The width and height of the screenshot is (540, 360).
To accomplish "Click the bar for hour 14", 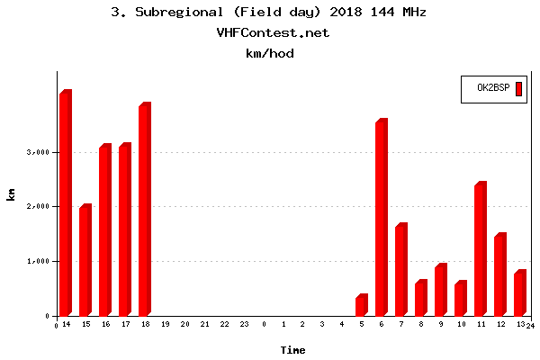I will [65, 203].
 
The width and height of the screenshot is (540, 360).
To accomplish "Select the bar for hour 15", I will [85, 261].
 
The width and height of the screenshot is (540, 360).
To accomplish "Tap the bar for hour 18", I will [144, 210].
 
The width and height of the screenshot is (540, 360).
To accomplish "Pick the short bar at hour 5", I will [361, 306].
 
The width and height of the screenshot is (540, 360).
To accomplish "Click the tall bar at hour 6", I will [381, 218].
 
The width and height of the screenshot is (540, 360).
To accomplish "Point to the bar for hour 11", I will [480, 249].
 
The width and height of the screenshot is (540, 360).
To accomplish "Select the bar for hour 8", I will [420, 299].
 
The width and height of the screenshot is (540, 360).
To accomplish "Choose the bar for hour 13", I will [519, 293].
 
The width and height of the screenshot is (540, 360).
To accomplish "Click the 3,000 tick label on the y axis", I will [37, 152].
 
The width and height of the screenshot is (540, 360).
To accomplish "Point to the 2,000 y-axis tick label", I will [37, 207].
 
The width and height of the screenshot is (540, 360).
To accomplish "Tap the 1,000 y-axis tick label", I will [37, 261].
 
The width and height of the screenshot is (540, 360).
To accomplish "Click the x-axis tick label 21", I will [204, 324].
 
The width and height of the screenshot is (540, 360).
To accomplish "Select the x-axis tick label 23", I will [244, 324].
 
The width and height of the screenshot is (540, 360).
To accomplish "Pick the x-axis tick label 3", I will [322, 324].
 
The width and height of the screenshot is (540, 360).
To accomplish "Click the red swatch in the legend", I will [518, 88].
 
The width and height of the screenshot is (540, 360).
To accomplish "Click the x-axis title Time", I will [292, 349].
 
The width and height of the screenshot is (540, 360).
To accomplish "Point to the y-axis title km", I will [11, 193].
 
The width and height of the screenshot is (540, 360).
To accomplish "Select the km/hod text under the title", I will [270, 53].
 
